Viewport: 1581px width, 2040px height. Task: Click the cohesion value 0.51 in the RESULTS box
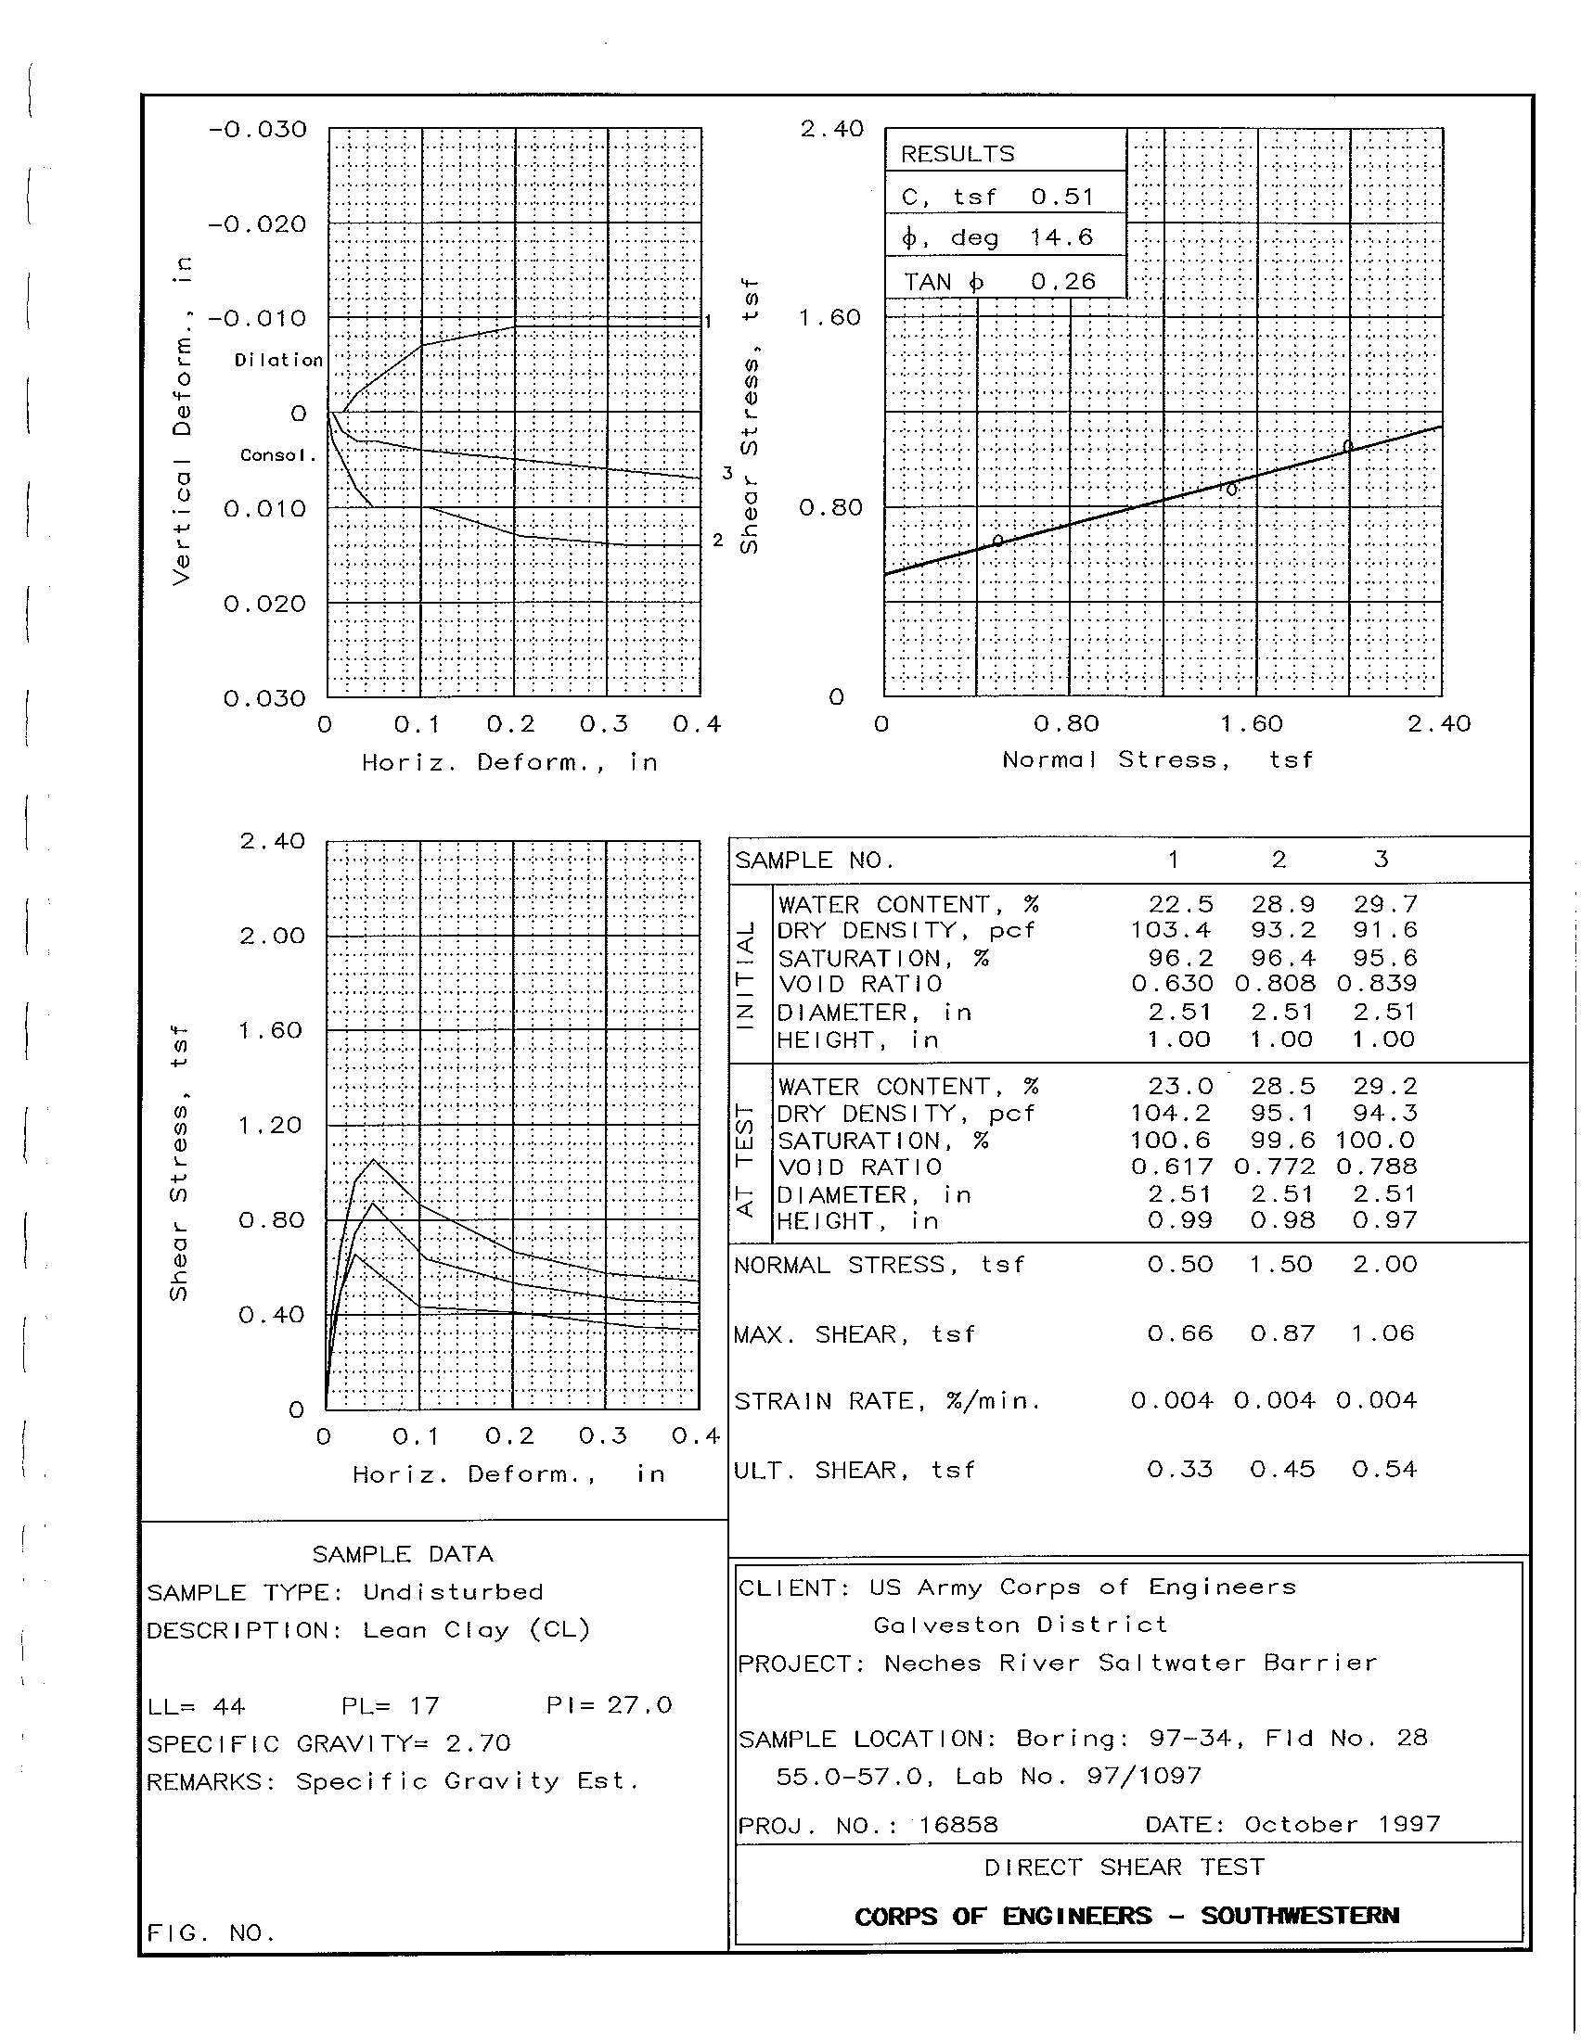[1062, 197]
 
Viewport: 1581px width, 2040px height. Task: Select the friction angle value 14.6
[1061, 237]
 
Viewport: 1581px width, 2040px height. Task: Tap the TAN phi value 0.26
[1063, 281]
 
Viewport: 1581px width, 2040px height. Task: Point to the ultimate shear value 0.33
[1180, 1470]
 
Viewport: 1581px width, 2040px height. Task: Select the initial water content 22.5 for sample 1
[1181, 904]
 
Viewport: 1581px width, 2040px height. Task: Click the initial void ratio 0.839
[1376, 984]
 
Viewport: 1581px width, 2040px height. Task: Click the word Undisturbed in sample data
[453, 1591]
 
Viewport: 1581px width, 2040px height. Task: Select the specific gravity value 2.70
[479, 1743]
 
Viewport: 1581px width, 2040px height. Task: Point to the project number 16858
[958, 1824]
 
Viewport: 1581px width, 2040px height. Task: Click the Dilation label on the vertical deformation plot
[278, 360]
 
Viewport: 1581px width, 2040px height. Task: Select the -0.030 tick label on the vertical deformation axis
[258, 129]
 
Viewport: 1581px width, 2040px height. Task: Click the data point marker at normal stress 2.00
[1347, 445]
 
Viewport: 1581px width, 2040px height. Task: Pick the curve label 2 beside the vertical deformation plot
[717, 540]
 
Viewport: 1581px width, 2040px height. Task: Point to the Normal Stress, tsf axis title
[1158, 759]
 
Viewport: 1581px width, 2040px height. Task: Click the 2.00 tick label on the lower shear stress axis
[272, 936]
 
